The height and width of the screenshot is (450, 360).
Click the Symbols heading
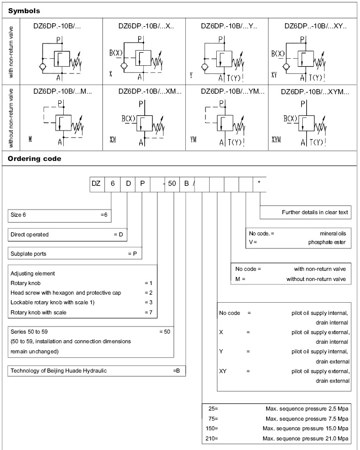(x=24, y=10)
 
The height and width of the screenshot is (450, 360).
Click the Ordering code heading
(x=34, y=158)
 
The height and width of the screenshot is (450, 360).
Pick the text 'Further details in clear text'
(x=315, y=212)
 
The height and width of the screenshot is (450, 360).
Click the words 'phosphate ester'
(x=328, y=242)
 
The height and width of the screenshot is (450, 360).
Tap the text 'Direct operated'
(x=29, y=234)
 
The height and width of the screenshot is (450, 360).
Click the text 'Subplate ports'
(x=28, y=254)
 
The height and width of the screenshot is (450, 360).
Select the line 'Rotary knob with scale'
(x=38, y=312)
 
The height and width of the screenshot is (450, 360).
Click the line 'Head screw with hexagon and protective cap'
(x=66, y=293)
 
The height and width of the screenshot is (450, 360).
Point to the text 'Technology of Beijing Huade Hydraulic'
(x=59, y=371)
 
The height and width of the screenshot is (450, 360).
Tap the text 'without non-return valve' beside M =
(x=316, y=279)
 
